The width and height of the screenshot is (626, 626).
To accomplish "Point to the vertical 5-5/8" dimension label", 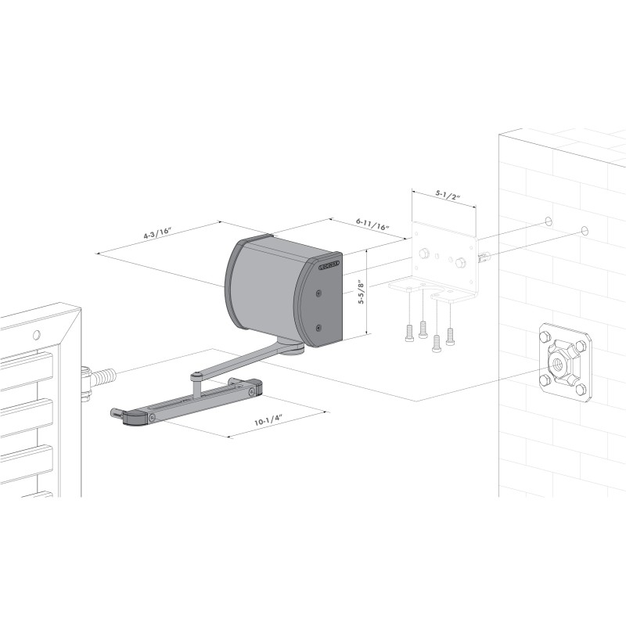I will tap(360, 293).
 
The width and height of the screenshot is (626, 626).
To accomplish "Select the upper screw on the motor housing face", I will tap(320, 293).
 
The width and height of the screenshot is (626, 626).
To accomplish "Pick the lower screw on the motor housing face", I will tap(320, 327).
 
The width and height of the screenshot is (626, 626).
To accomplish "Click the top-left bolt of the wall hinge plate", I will tap(543, 337).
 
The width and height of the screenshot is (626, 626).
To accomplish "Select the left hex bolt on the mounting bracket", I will tap(423, 254).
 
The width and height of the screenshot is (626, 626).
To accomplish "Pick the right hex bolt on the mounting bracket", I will tap(461, 262).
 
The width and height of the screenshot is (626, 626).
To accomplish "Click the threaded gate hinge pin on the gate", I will tap(99, 378).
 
